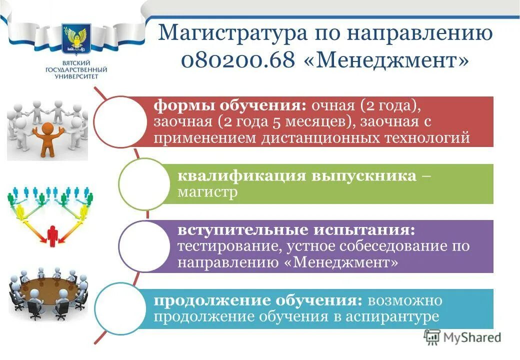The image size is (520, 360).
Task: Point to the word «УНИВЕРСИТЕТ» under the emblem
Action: click(73, 76)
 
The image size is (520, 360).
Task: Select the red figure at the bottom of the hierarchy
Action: click(53, 234)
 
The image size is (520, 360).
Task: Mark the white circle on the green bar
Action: click(142, 184)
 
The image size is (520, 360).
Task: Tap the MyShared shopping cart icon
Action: click(432, 337)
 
